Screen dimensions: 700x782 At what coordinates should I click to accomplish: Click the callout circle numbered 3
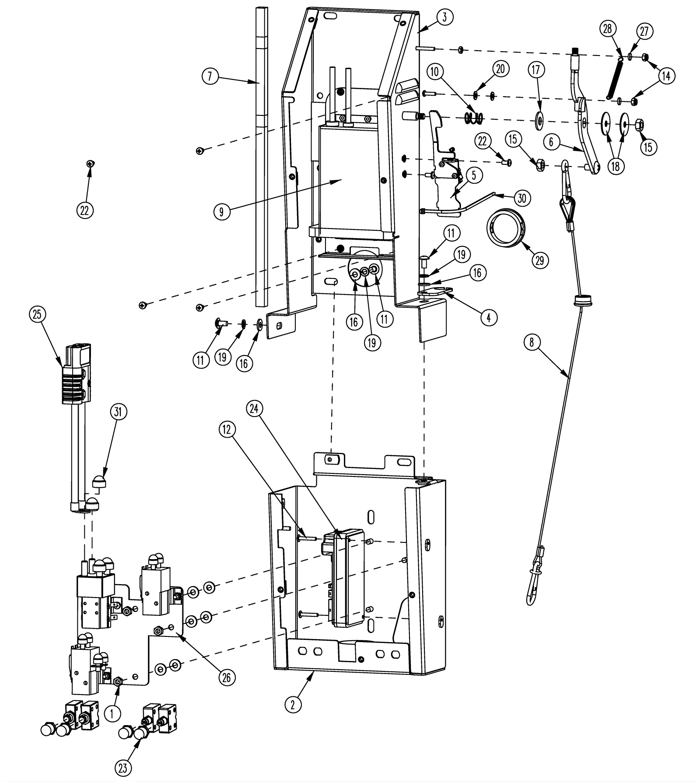444,18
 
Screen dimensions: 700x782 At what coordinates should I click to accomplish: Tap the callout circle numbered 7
210,76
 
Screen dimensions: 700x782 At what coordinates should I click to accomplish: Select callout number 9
222,212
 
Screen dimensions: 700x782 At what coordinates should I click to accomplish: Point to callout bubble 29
539,260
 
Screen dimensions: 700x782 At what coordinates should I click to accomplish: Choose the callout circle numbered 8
532,342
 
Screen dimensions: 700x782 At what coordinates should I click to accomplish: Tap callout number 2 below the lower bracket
293,704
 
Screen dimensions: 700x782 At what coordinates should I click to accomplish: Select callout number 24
255,408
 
